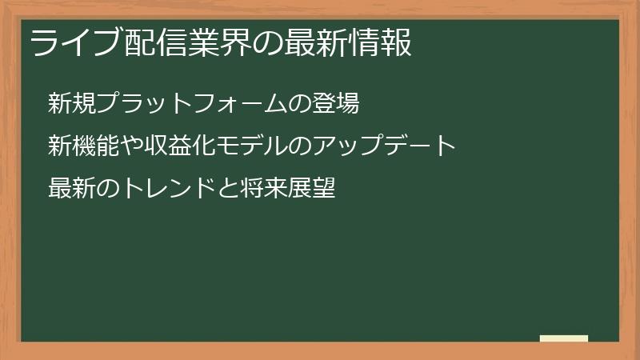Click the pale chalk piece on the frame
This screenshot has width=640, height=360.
click(x=563, y=338)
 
